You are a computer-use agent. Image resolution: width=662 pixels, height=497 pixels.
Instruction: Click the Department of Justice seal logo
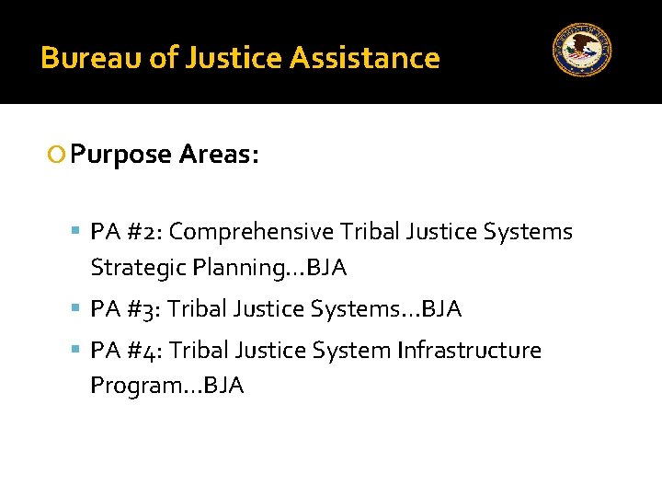(582, 50)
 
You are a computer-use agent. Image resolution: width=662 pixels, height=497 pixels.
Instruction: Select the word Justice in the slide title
(234, 58)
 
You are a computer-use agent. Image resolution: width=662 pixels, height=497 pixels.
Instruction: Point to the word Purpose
(121, 155)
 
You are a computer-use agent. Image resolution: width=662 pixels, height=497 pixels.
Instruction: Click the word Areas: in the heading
(219, 154)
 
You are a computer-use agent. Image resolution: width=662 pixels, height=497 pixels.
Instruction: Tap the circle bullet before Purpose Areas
(58, 155)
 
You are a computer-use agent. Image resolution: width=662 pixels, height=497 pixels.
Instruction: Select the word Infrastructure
(469, 351)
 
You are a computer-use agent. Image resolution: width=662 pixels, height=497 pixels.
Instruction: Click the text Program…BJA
(167, 386)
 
